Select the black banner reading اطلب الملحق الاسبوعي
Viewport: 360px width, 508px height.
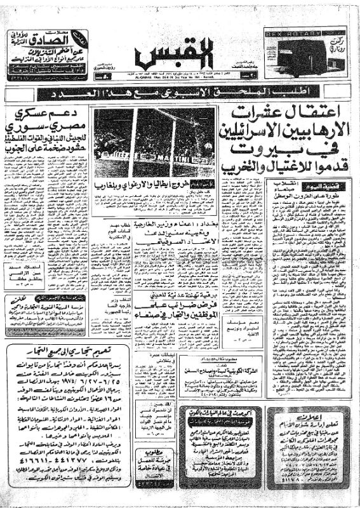(180, 94)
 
